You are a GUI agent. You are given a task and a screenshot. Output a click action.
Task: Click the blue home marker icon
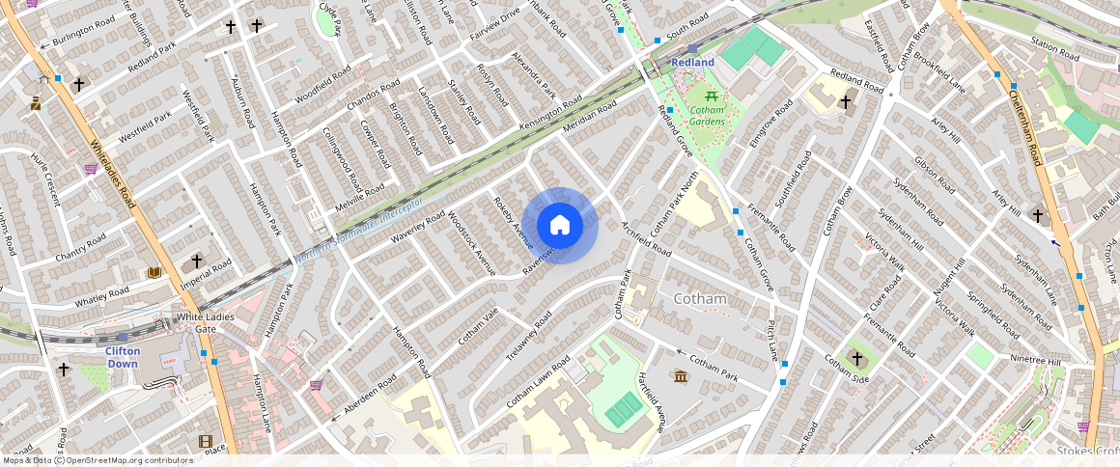(560, 225)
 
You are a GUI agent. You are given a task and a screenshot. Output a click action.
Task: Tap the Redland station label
(692, 63)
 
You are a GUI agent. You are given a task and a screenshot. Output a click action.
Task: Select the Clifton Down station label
(123, 357)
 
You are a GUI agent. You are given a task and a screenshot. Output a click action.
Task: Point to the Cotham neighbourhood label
(699, 299)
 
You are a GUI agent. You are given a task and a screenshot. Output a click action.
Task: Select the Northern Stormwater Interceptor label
(359, 232)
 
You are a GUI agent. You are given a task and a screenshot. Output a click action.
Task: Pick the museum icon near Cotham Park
(681, 375)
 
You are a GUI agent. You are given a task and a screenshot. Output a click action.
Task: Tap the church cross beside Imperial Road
(197, 261)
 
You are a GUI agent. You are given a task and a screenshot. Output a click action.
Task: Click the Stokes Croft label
(1086, 451)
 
